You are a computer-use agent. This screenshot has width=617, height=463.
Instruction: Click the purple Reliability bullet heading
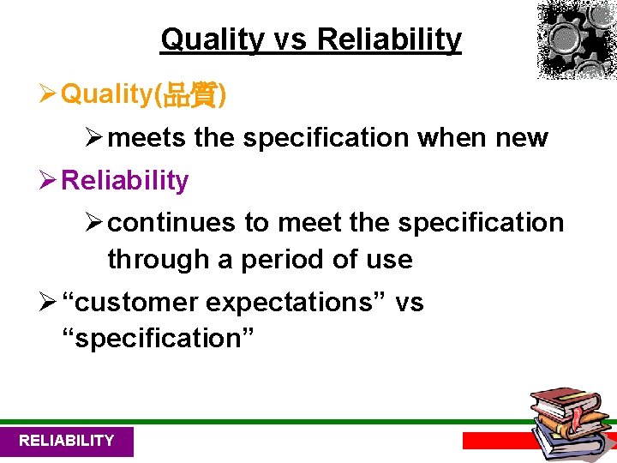point(125,181)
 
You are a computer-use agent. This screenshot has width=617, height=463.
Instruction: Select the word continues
point(172,223)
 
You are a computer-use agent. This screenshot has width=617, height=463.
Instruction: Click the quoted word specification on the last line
point(159,339)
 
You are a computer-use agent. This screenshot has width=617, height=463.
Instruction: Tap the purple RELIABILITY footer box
point(67,441)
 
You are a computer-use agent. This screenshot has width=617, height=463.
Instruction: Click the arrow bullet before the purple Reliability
point(49,181)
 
